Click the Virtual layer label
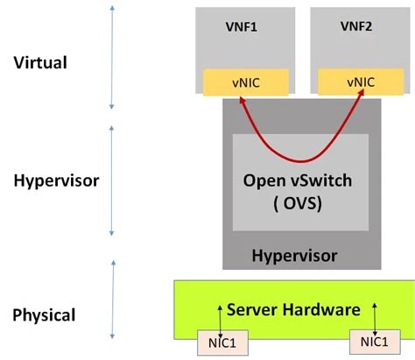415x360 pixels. click(x=41, y=62)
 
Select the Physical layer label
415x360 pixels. click(x=45, y=314)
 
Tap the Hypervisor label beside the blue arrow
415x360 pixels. click(x=56, y=180)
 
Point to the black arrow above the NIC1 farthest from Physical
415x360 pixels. click(x=375, y=316)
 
